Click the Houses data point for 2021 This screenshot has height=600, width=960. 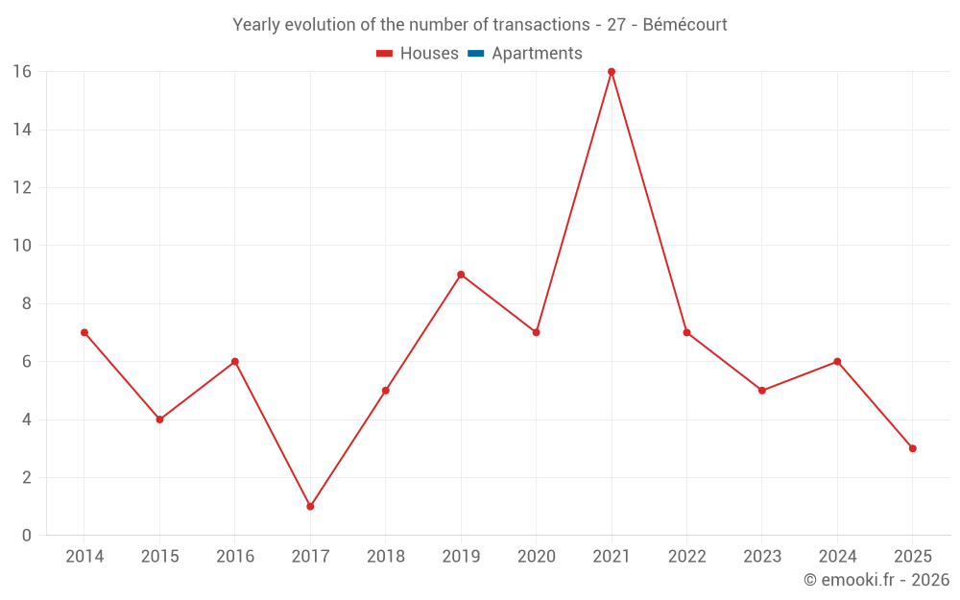click(x=612, y=72)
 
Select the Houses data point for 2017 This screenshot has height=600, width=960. click(x=310, y=506)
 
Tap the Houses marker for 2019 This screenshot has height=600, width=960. click(x=461, y=275)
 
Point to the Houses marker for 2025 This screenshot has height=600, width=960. click(x=912, y=448)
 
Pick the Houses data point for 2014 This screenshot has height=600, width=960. click(x=84, y=332)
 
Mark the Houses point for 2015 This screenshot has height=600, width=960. click(x=159, y=420)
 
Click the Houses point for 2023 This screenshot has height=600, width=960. click(x=762, y=391)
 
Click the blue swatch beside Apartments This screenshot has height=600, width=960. click(x=475, y=54)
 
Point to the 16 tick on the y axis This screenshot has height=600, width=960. click(x=21, y=72)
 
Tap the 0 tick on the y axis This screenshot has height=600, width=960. click(x=26, y=536)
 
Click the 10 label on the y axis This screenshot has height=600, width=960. click(x=21, y=246)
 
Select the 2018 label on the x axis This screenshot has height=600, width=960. click(x=385, y=557)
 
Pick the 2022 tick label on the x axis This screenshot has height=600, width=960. click(x=686, y=557)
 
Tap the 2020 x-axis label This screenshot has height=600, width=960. click(x=536, y=557)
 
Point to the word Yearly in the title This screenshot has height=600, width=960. click(x=257, y=25)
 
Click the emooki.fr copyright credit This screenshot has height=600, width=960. click(x=876, y=580)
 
